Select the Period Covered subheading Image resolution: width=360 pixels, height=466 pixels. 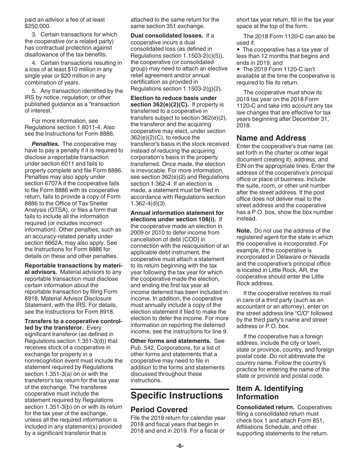point(159,410)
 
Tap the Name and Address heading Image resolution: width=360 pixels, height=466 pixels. point(271,138)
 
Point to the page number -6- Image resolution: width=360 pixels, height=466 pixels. point(180,446)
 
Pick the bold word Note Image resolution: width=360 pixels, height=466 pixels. point(244,231)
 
